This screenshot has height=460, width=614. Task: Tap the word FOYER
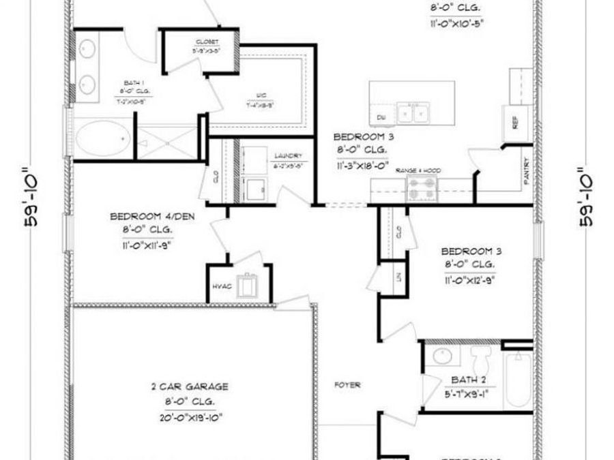347,385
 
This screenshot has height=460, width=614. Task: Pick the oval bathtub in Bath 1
102,138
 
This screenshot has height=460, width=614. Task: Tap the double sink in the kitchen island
414,111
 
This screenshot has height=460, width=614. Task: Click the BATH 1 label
130,81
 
